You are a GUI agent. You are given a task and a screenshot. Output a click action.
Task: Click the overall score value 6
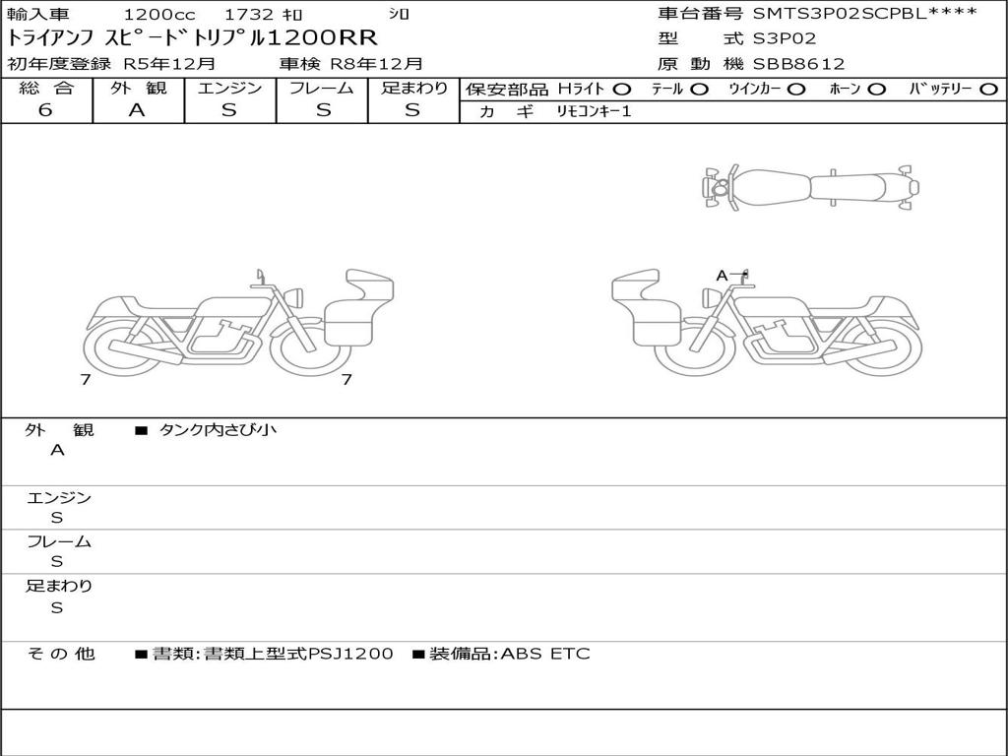pos(45,110)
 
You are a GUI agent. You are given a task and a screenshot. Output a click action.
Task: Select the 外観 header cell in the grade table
pos(138,88)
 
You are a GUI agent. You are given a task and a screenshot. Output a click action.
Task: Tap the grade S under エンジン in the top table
pos(229,110)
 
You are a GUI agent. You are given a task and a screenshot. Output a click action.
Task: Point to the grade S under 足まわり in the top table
pos(412,110)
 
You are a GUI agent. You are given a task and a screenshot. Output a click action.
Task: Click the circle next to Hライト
pos(622,90)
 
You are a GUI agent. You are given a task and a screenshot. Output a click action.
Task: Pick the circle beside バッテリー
pos(988,90)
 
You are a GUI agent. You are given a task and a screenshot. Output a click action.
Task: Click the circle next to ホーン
pos(877,90)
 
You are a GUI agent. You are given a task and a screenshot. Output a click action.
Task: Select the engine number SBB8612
pos(798,64)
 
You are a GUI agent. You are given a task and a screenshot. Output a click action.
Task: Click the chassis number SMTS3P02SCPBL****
pos(864,13)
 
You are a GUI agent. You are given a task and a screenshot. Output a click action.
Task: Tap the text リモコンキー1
pos(594,111)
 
